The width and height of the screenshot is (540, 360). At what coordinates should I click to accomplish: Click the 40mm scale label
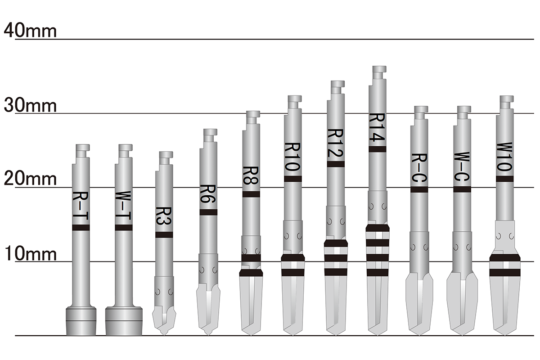[30, 31]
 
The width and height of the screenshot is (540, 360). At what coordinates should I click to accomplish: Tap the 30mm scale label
[30, 105]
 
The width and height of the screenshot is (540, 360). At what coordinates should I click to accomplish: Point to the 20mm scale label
[30, 179]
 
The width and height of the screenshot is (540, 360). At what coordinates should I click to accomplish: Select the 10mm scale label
[30, 253]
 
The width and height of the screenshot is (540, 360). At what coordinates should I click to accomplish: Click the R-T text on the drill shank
[81, 206]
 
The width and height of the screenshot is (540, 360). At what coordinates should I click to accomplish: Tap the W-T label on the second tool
[123, 206]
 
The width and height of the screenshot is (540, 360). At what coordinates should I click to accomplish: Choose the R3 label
[164, 216]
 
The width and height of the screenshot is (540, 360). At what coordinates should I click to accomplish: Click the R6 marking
[208, 194]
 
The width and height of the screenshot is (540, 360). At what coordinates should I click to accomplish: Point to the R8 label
[251, 175]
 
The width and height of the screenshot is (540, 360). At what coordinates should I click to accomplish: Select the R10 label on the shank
[292, 157]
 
